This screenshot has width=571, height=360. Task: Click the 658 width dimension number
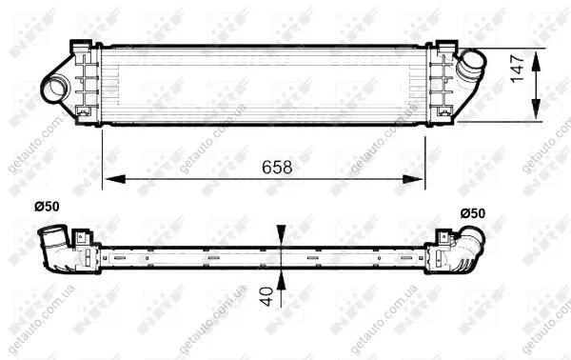(277, 167)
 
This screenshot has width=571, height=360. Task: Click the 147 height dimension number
(517, 69)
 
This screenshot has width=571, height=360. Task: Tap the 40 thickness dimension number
(267, 296)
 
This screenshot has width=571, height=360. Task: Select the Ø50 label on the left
(47, 207)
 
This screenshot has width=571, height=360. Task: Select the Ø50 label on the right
(473, 213)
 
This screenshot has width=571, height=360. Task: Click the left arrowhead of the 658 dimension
(115, 179)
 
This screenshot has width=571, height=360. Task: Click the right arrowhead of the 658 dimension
(413, 179)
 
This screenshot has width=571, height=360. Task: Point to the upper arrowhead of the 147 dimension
(536, 62)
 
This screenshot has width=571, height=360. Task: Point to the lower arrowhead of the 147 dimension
(536, 109)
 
